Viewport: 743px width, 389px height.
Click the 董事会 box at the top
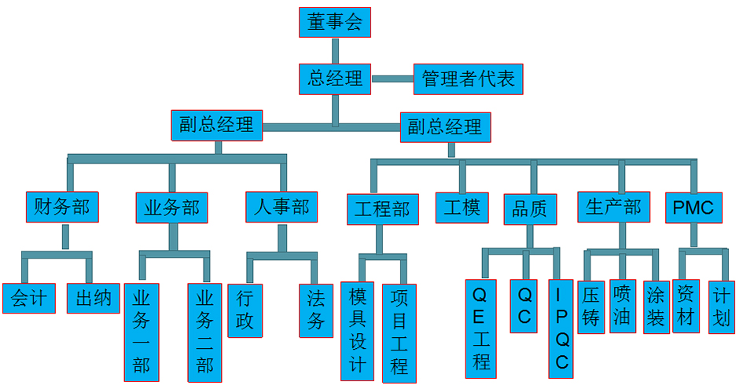pyautogui.click(x=334, y=22)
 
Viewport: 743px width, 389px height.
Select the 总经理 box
pyautogui.click(x=334, y=79)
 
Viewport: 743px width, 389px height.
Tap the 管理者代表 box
pyautogui.click(x=468, y=79)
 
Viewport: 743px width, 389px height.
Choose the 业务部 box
pyautogui.click(x=172, y=207)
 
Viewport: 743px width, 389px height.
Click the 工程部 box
pyautogui.click(x=382, y=209)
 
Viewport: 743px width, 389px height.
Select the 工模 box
pyautogui.click(x=462, y=207)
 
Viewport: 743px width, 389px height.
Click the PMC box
pyautogui.click(x=693, y=207)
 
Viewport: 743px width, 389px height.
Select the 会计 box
pyautogui.click(x=28, y=298)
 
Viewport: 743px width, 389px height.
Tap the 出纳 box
pyautogui.click(x=93, y=298)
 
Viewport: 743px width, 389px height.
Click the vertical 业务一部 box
pyautogui.click(x=142, y=331)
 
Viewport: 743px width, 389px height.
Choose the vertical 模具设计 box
pyautogui.click(x=357, y=329)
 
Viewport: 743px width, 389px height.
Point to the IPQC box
pyautogui.click(x=561, y=328)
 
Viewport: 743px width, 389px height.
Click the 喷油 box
pyautogui.click(x=622, y=306)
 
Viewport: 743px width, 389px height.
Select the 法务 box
pyautogui.click(x=316, y=310)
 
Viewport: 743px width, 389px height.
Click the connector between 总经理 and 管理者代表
pyautogui.click(x=392, y=79)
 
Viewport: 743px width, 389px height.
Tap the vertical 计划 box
pyautogui.click(x=722, y=306)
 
